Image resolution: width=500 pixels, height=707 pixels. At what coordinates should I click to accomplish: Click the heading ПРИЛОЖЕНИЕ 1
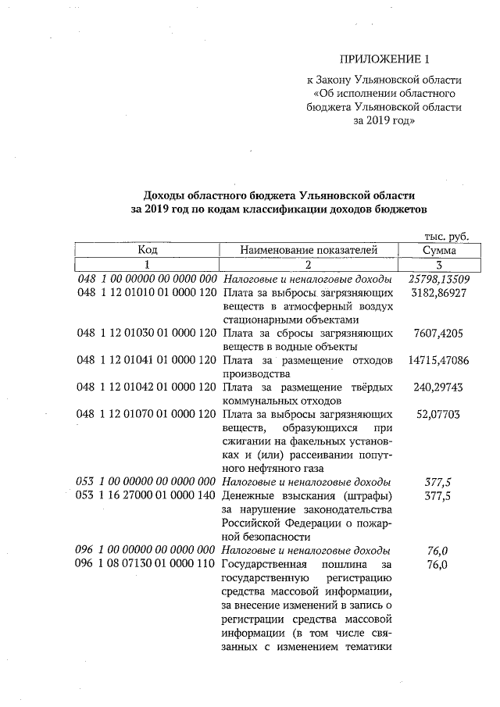tap(385, 59)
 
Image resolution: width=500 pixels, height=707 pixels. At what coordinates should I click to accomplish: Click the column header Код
tap(148, 250)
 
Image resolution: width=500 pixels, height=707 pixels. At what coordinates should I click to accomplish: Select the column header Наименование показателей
tap(309, 250)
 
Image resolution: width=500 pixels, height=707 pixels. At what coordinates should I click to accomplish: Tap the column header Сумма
tap(439, 250)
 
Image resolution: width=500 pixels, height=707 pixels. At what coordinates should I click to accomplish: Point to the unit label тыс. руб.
tap(445, 235)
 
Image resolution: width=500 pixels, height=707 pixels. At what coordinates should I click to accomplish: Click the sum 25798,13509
tap(439, 279)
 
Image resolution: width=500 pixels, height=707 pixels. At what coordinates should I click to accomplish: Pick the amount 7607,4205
tap(439, 333)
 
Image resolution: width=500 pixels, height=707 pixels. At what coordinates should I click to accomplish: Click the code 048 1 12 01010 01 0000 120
tap(147, 292)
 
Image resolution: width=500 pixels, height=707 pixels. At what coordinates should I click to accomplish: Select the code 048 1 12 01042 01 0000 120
tap(147, 387)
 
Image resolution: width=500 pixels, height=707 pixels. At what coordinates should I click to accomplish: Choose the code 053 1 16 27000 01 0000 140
tap(147, 496)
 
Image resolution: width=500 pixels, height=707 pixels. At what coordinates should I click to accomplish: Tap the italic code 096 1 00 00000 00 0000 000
tap(147, 550)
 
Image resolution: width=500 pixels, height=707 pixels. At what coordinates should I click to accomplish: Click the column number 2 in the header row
tap(309, 265)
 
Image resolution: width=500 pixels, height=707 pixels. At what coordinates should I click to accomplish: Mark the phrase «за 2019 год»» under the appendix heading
tap(384, 122)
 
